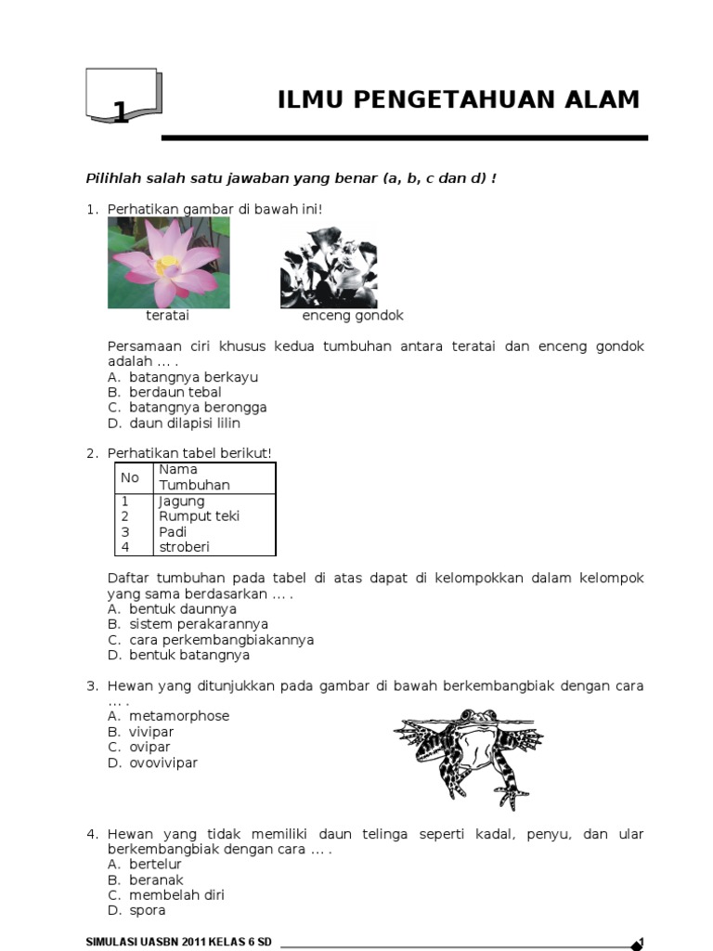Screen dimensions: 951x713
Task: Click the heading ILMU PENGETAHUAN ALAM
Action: pyautogui.click(x=459, y=100)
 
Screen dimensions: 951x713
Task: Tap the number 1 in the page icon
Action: pyautogui.click(x=120, y=113)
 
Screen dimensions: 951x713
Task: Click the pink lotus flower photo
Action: pyautogui.click(x=169, y=263)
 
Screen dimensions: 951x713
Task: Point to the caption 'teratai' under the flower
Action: pyautogui.click(x=167, y=316)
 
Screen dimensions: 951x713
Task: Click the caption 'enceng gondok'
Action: pyautogui.click(x=353, y=316)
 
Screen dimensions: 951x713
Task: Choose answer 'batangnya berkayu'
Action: pyautogui.click(x=193, y=377)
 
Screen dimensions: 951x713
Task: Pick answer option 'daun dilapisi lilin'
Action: pyautogui.click(x=185, y=423)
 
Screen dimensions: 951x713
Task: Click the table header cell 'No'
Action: pyautogui.click(x=130, y=477)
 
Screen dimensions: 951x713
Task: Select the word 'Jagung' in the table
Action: pyautogui.click(x=182, y=502)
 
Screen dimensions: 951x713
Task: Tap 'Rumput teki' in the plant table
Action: pyautogui.click(x=200, y=516)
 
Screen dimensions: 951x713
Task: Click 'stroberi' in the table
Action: pyautogui.click(x=185, y=547)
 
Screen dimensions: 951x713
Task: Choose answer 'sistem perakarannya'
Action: pyautogui.click(x=199, y=624)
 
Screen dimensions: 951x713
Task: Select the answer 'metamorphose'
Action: pyautogui.click(x=179, y=716)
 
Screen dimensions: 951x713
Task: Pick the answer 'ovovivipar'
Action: pyautogui.click(x=163, y=762)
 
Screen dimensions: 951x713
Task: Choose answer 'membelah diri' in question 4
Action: pyautogui.click(x=176, y=895)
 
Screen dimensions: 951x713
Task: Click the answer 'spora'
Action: pyautogui.click(x=148, y=910)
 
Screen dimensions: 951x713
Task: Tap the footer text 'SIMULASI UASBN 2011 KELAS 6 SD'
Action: pyautogui.click(x=178, y=942)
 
